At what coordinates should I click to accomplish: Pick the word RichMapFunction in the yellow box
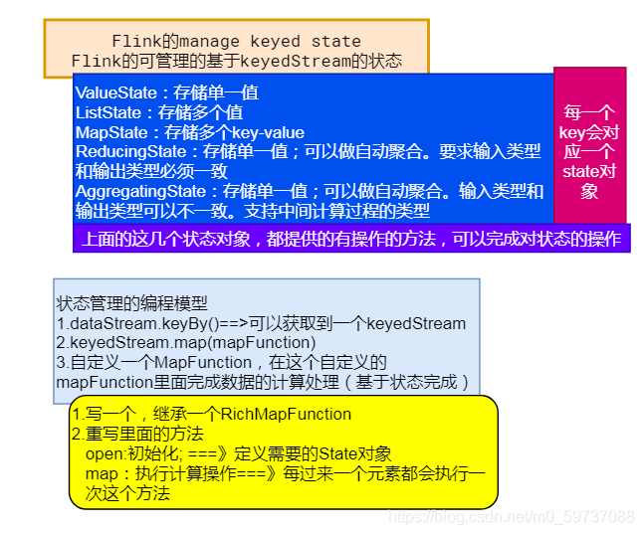click(x=289, y=414)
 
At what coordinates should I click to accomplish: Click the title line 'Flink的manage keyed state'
click(x=236, y=41)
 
